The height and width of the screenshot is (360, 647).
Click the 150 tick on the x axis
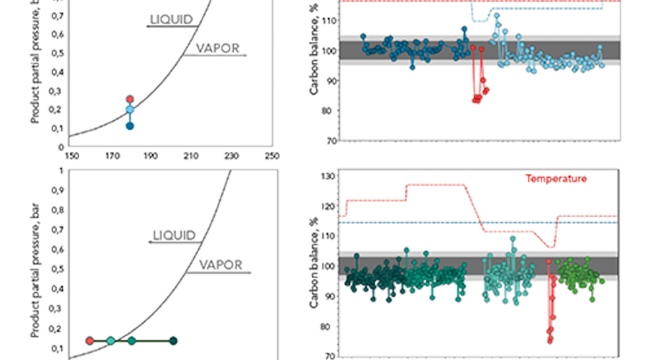pos(67,155)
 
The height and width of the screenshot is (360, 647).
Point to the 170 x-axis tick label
pos(110,155)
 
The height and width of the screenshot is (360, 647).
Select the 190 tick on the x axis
pos(151,155)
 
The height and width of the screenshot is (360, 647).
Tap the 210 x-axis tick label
pos(192,155)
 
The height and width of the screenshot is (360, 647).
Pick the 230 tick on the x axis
pos(232,155)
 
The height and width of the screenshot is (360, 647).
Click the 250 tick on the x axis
pos(272,155)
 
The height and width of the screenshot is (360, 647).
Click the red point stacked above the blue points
pos(130,99)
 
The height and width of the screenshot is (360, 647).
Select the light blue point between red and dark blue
pos(130,109)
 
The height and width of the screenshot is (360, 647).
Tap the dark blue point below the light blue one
pos(130,126)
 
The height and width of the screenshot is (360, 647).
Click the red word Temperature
pos(556,178)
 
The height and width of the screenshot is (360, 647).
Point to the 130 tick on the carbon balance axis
pos(329,176)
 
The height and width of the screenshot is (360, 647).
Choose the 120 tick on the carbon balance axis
pos(329,206)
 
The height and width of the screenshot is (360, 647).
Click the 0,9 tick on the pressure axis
pos(58,190)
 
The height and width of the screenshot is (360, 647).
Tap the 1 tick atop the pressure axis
pos(61,171)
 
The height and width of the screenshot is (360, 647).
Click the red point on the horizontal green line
pos(89,341)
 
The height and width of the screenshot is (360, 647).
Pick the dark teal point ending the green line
pos(173,341)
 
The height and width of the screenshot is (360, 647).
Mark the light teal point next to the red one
pos(111,341)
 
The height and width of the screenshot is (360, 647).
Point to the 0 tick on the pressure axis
pos(61,147)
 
